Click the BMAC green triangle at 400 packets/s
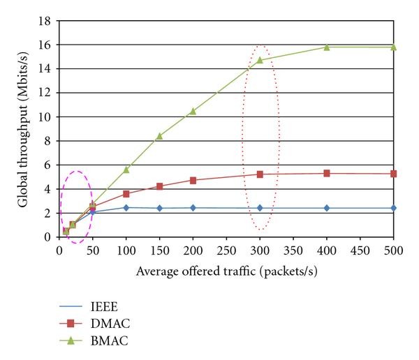click(326, 47)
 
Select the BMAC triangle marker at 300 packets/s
click(260, 60)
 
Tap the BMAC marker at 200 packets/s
click(193, 111)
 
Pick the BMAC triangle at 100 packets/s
click(126, 170)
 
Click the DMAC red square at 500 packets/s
click(393, 174)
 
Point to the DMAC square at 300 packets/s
click(260, 174)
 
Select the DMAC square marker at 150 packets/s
click(159, 186)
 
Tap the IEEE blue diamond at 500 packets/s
click(393, 208)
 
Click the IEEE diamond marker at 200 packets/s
click(193, 208)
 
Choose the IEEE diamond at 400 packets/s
click(326, 208)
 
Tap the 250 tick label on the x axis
click(226, 250)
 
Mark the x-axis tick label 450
click(360, 250)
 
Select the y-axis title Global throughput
click(22, 129)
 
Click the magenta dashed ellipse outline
click(61, 202)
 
